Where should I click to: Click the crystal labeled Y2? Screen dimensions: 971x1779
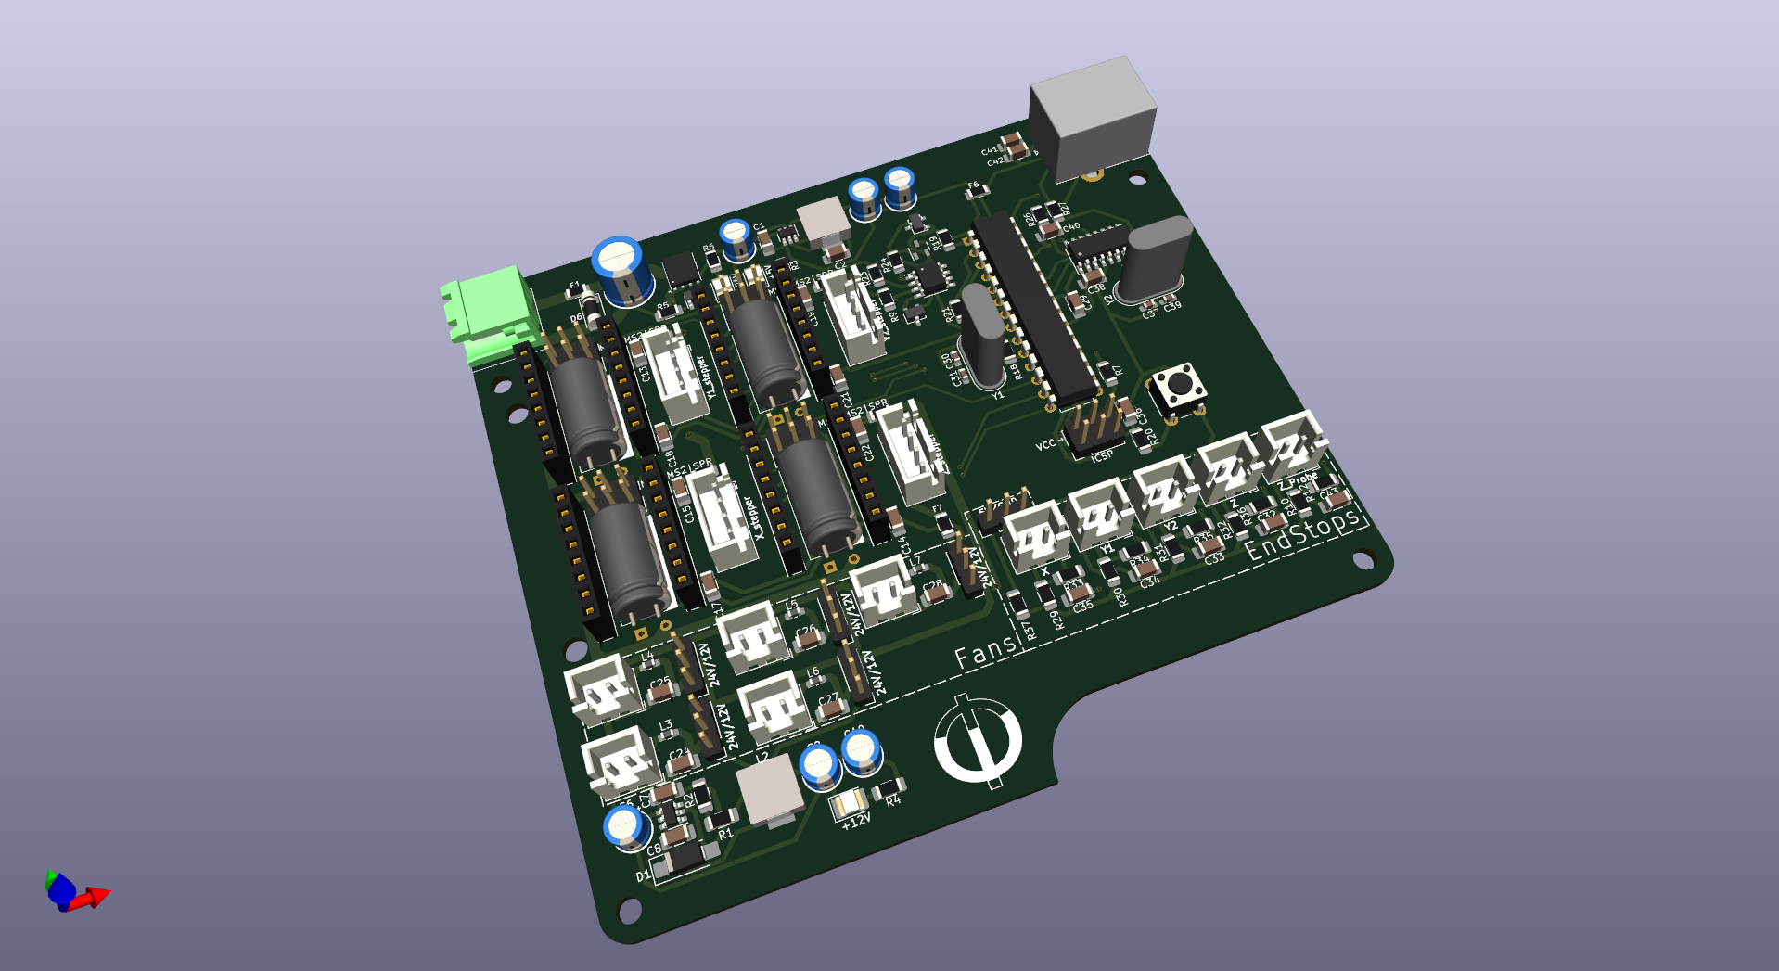(x=1152, y=260)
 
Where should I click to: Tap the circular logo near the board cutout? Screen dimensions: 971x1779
(x=978, y=741)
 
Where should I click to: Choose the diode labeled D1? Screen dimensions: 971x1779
(x=680, y=860)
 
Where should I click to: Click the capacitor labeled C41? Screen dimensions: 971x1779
(x=1015, y=144)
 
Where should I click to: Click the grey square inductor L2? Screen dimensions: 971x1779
(x=769, y=789)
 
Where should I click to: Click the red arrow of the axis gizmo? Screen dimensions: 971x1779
(x=93, y=897)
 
